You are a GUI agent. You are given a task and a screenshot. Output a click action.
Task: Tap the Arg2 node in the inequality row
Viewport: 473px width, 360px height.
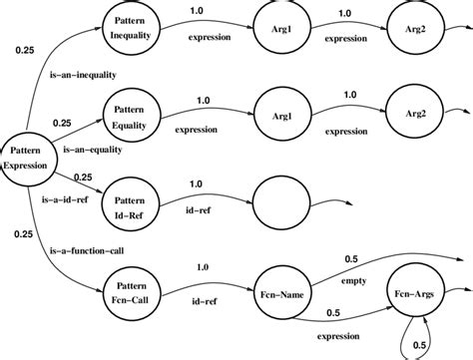point(413,29)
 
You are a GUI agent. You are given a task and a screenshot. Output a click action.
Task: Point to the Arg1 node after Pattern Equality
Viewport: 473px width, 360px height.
point(283,113)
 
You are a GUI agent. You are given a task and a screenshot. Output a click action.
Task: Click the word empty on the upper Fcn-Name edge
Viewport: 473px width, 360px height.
point(353,281)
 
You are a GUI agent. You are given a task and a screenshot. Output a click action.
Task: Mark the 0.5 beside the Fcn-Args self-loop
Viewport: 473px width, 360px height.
point(448,345)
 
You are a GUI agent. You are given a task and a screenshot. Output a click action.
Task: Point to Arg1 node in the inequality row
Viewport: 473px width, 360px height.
point(283,29)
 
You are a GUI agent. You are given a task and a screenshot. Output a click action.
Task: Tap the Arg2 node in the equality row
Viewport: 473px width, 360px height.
point(413,114)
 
